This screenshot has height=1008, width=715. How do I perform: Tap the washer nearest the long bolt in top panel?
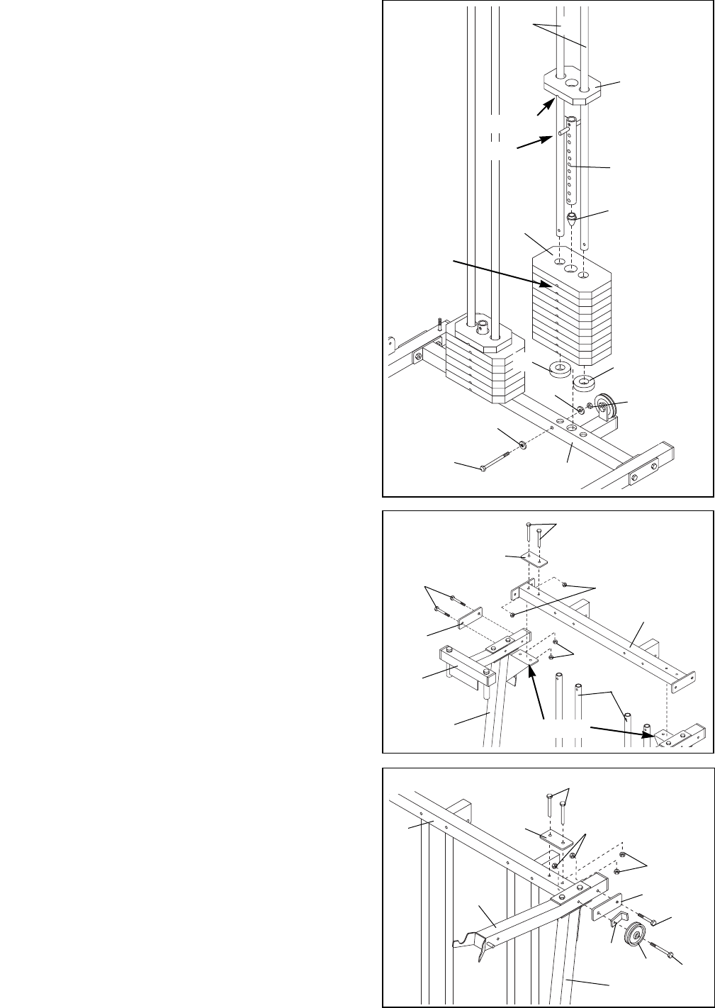(x=522, y=444)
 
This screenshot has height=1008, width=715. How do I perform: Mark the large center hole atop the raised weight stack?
(x=568, y=268)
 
